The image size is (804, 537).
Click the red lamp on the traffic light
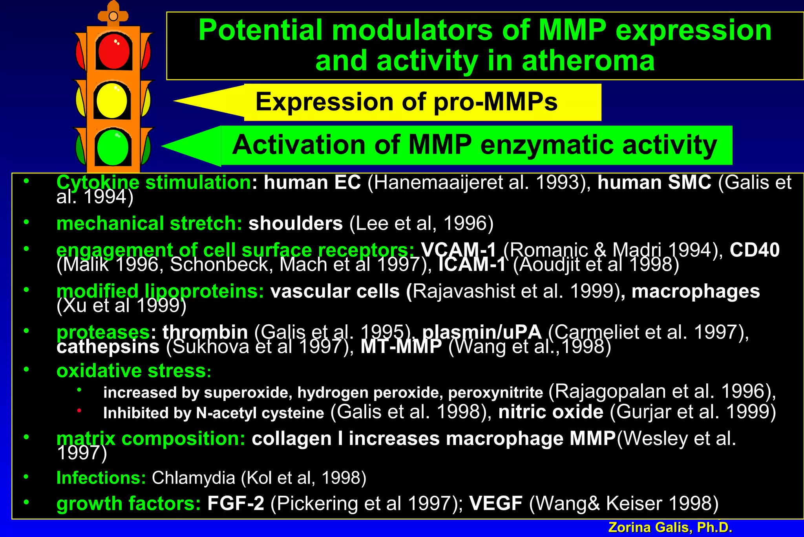pos(113,51)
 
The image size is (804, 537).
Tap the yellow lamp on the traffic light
pos(113,100)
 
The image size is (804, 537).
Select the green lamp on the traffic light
pos(113,147)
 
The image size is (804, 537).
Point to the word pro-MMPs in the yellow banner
pos(495,102)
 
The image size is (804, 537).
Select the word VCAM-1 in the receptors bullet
pos(459,250)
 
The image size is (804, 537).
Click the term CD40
pos(754,250)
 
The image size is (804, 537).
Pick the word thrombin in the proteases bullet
pos(205,332)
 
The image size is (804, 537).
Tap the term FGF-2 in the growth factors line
pos(236,503)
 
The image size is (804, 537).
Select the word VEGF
pos(496,503)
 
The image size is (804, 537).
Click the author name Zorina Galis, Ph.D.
pos(670,527)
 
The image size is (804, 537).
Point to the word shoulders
pos(296,223)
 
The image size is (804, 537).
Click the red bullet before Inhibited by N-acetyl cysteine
pos(79,410)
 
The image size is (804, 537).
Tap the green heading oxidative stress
pos(131,371)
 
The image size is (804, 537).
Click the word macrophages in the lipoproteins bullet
pos(696,291)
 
